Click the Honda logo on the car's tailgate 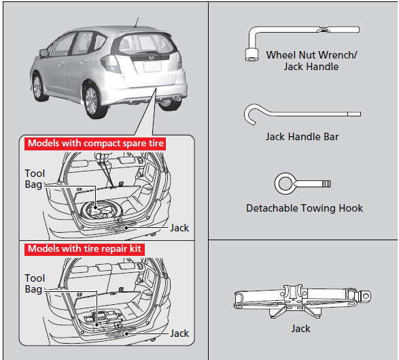pos(151,58)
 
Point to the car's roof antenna pos(136,22)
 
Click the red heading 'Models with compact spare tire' pos(95,144)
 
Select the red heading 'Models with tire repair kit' pos(84,249)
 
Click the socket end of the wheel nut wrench pos(252,54)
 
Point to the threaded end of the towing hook pos(326,184)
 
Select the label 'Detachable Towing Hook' pos(305,208)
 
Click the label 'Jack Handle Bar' pos(302,137)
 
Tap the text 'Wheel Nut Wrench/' pos(311,55)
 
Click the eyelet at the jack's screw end pos(366,296)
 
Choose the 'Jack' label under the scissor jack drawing pos(300,329)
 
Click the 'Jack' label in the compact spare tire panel pos(179,228)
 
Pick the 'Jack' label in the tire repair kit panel pos(179,333)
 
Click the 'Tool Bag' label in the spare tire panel pos(35,179)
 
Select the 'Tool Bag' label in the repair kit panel pos(35,284)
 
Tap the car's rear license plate pos(152,67)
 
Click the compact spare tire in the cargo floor pos(101,211)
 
